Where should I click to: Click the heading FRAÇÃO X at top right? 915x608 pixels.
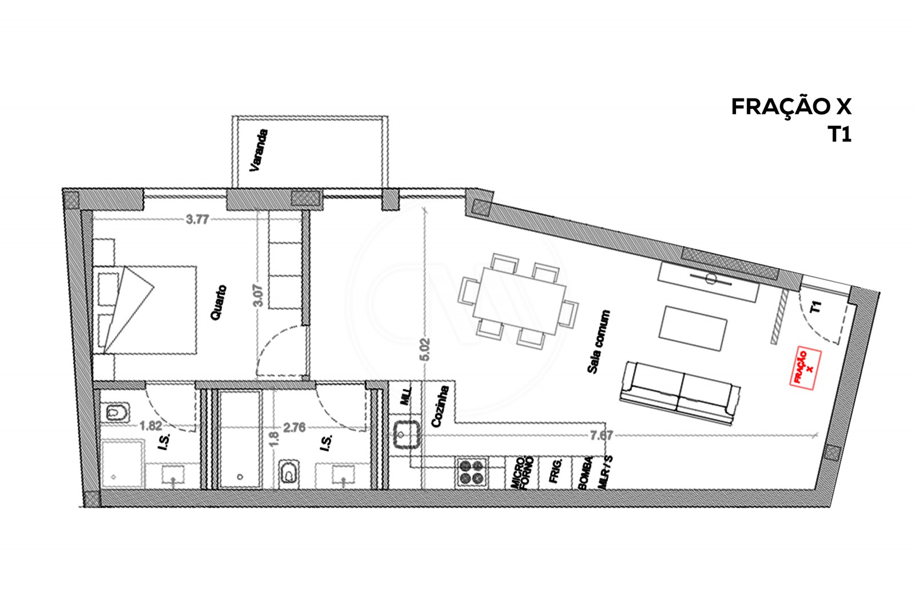[x=791, y=106]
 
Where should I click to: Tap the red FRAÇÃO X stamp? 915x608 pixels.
[x=805, y=369]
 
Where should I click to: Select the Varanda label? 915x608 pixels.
[x=258, y=151]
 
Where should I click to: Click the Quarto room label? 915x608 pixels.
[x=221, y=303]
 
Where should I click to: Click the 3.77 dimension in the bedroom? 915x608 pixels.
[x=197, y=219]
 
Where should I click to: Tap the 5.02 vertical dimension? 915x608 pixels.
[x=424, y=349]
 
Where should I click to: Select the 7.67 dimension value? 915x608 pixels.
[x=602, y=436]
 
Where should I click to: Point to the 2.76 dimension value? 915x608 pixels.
[x=295, y=427]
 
